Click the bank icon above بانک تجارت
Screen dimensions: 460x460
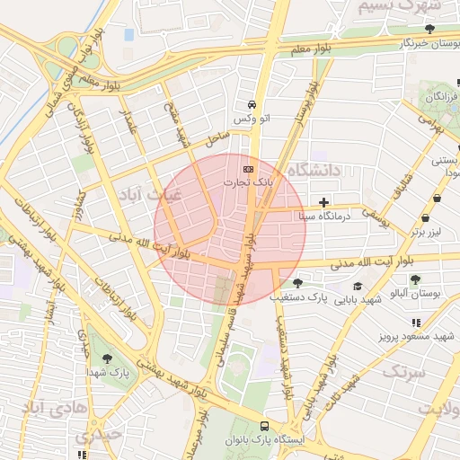[x=248, y=168]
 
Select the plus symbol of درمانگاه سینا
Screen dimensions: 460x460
[x=323, y=202]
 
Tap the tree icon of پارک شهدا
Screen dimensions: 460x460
[x=108, y=358]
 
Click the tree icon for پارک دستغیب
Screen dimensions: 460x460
[x=296, y=283]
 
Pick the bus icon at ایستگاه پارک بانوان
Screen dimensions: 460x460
[x=264, y=426]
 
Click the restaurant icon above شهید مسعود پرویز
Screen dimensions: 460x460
[x=414, y=322]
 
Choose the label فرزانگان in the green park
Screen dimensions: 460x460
[x=441, y=95]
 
